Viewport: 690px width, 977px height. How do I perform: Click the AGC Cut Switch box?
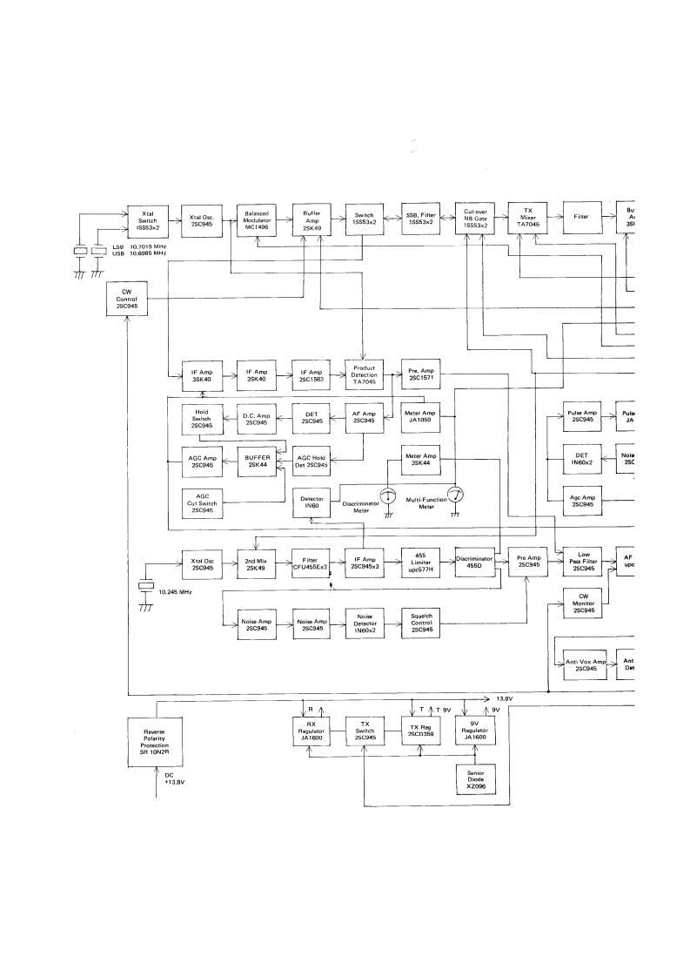click(x=201, y=502)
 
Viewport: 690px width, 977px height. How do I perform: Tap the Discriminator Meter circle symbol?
click(x=390, y=495)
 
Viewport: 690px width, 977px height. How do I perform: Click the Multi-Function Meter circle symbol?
click(x=455, y=495)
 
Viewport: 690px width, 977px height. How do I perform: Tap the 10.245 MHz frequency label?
click(x=172, y=591)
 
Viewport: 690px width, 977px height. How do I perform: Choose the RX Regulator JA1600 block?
click(x=312, y=731)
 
